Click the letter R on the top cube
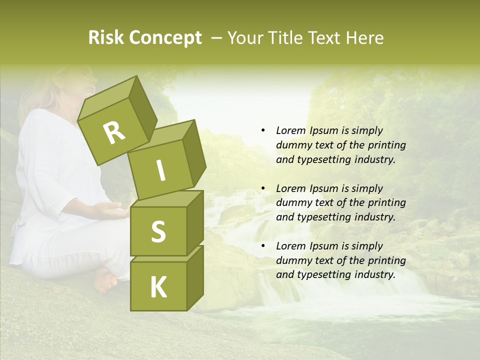[114, 133]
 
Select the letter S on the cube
[158, 231]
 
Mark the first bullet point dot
[263, 130]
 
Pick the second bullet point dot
[263, 188]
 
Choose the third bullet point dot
[263, 246]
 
